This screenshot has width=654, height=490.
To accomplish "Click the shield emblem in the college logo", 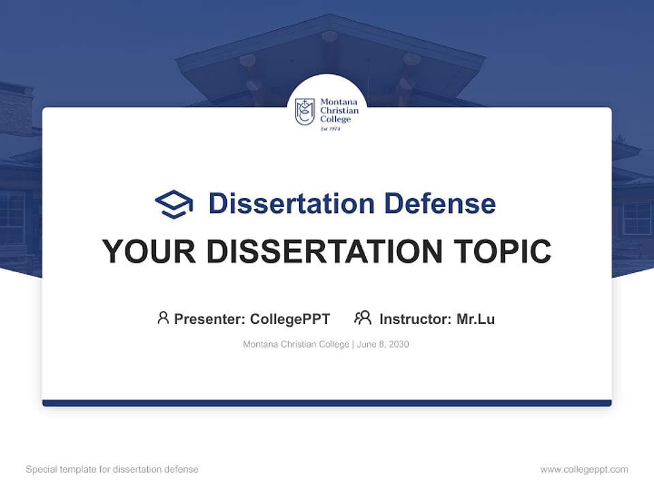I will (305, 112).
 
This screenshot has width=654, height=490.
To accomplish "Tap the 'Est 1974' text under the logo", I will (330, 128).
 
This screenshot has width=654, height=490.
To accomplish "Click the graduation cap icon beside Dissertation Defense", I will (174, 204).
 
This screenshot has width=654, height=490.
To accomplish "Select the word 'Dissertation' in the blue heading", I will (291, 203).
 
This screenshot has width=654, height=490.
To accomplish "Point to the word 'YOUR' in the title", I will (148, 252).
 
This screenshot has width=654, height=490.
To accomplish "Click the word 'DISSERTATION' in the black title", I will (324, 252).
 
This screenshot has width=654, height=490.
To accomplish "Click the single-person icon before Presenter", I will (163, 318).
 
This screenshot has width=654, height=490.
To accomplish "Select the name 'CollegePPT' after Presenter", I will (290, 318).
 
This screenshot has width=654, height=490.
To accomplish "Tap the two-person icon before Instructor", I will (363, 318).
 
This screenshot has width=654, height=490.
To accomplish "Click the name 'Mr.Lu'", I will (476, 318).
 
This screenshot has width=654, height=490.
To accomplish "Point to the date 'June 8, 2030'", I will (384, 344).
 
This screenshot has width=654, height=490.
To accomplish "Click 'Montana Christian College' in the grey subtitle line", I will (296, 344).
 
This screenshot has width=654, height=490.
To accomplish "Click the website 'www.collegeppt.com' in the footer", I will (584, 470).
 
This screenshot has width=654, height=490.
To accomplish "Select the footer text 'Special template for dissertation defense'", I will (112, 470).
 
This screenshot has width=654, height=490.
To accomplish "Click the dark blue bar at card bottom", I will (327, 403).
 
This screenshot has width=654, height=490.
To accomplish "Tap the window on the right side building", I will (636, 218).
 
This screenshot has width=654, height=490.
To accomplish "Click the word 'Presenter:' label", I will (210, 318).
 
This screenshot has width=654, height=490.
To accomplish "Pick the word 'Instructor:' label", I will (416, 318).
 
